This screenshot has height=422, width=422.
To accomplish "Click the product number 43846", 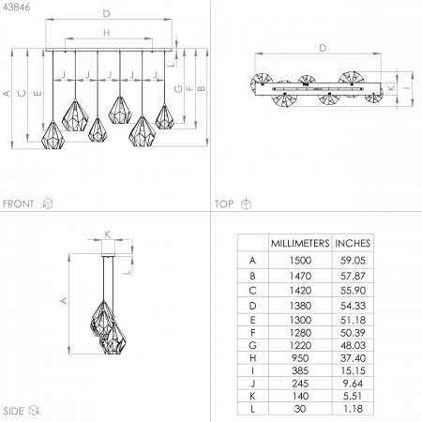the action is [16, 8].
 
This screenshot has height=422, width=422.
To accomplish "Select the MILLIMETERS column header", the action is [300, 243].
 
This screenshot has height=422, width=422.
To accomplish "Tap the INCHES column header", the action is [353, 243].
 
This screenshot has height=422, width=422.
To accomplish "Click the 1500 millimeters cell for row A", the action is [300, 261].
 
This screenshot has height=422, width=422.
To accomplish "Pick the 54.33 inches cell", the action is [353, 306].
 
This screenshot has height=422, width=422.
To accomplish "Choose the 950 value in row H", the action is [300, 358].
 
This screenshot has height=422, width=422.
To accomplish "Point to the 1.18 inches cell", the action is [353, 409].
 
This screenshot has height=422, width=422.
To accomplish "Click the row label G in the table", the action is [252, 345].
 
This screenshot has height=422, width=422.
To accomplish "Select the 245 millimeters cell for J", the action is [300, 384].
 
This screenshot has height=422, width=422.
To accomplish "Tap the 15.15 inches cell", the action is [353, 370].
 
